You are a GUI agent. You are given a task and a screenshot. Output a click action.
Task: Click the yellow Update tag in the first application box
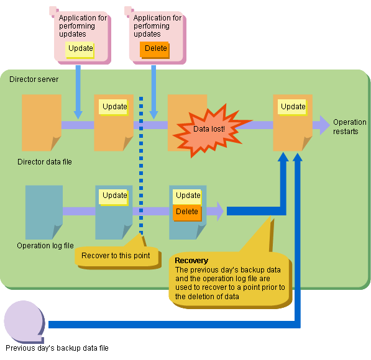point(80,50)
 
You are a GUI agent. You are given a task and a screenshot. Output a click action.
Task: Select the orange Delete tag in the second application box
point(155,50)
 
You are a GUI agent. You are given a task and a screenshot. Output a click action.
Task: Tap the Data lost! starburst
point(210,130)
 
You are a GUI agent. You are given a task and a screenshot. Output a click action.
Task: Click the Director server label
point(34,79)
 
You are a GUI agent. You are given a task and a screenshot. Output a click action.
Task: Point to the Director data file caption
point(45,161)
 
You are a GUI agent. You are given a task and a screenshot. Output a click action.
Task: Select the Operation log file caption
point(45,246)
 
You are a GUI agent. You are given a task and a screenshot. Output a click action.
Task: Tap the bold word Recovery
point(191,260)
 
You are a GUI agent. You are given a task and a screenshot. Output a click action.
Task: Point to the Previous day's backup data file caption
point(57,348)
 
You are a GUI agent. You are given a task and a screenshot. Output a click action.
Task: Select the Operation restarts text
point(349,127)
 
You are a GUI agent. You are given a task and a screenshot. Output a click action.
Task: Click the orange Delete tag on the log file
point(187,212)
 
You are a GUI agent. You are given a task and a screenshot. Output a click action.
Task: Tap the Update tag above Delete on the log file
point(187,197)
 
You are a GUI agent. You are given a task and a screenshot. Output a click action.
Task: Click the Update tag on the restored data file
point(293,107)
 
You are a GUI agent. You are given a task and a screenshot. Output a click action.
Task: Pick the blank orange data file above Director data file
point(42,122)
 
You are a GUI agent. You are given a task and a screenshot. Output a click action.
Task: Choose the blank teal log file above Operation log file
point(44,212)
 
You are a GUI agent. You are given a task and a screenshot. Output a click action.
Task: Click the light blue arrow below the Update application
point(78,92)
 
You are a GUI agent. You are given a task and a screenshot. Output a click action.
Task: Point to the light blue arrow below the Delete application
point(153,92)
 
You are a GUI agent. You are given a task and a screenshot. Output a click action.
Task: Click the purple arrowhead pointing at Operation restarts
point(324,125)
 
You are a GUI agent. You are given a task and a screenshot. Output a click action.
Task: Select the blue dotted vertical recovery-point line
point(141,166)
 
